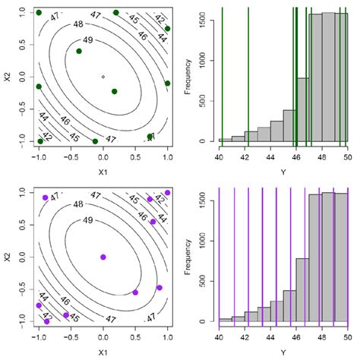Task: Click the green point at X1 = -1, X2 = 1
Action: pyautogui.click(x=39, y=13)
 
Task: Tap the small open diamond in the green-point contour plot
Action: pyautogui.click(x=103, y=77)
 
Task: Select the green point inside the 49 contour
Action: pyautogui.click(x=79, y=51)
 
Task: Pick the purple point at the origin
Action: pyautogui.click(x=103, y=257)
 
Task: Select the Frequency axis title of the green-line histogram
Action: pyautogui.click(x=188, y=77)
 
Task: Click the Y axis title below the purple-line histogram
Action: pyautogui.click(x=283, y=352)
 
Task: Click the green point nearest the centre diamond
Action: pyautogui.click(x=114, y=91)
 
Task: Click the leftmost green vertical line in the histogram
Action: pyautogui.click(x=222, y=76)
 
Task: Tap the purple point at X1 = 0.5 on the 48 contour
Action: pyautogui.click(x=135, y=292)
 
